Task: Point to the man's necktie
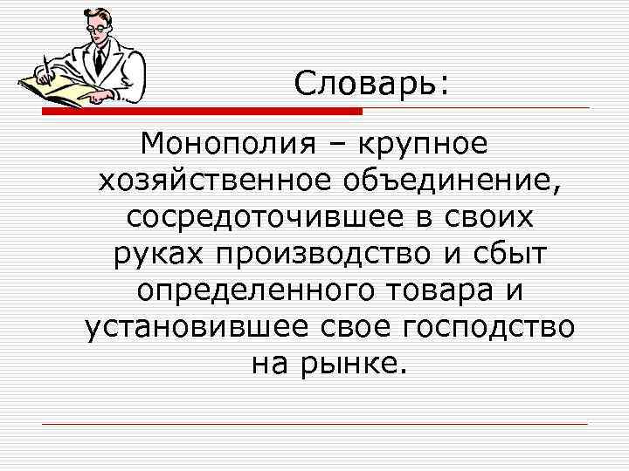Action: tap(99, 58)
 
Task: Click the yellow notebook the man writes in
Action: tap(52, 88)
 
